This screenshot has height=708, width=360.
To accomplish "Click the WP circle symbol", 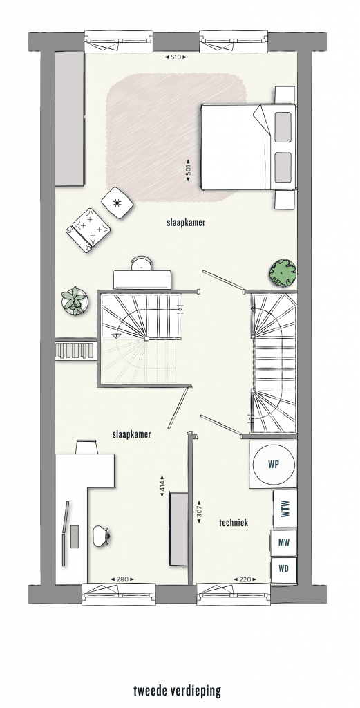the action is pos(274,464).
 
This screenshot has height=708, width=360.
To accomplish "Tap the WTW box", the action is pos(285,508).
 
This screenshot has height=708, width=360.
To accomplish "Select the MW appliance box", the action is pos(283,542).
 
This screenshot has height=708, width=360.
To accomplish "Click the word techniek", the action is pos(234,523).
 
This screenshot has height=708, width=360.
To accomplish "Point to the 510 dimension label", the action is pos(176,57).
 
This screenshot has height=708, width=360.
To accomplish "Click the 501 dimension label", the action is pos(189,170).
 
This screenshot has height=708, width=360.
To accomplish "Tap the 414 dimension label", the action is pos(162,486).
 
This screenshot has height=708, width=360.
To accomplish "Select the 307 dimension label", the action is pos(199,512).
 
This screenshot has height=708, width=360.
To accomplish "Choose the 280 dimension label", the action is pos(122,579).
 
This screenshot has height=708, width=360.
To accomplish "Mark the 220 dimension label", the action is pos(245,579).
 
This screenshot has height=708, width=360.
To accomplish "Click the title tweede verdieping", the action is pos(178,691).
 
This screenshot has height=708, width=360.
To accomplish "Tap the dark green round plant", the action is pos(283,272).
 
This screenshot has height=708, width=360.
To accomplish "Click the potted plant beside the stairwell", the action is pos(74,300).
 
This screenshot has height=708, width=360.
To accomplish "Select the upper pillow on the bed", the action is pos(283,127).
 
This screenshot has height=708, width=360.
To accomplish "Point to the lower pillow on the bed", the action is pos(283,167).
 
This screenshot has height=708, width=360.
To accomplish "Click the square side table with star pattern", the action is pos(117,203).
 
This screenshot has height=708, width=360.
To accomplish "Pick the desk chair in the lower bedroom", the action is pos(101,536).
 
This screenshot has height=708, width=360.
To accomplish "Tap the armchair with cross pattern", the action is pos(88,230).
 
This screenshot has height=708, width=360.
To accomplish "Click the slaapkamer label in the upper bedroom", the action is pos(186,222).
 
